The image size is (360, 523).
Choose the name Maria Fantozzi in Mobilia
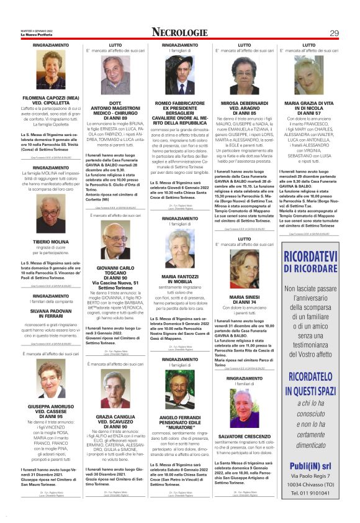[x=180, y=278]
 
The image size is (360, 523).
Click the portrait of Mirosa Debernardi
[x=245, y=75]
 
